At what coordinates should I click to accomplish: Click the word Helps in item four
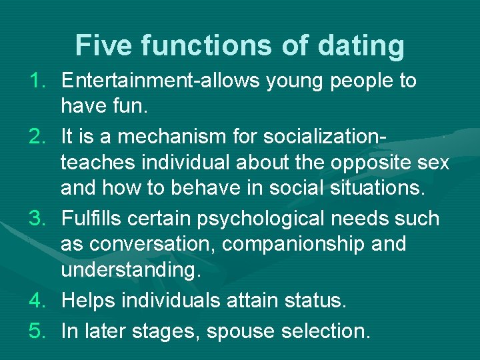[x=87, y=301]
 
